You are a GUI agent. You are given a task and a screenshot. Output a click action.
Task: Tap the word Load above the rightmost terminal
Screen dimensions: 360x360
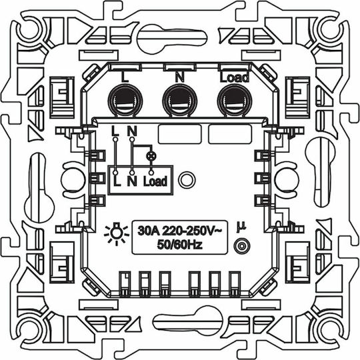point(235,77)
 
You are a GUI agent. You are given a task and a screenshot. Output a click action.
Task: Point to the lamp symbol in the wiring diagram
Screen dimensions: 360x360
point(151,156)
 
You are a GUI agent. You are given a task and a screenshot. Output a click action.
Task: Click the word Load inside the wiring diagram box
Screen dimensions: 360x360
point(155,181)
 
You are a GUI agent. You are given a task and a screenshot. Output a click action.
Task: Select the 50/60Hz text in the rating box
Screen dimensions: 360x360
point(179,245)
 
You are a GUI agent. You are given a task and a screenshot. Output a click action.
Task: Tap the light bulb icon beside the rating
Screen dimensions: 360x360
point(117,234)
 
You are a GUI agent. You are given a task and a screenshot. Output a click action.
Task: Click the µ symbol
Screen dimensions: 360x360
point(241,227)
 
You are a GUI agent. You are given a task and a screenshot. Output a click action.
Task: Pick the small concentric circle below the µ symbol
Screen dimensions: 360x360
point(242,246)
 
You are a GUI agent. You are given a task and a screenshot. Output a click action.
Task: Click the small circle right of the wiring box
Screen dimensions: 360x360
point(187,180)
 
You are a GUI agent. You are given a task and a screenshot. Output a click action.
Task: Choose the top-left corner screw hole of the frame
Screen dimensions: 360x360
point(29,30)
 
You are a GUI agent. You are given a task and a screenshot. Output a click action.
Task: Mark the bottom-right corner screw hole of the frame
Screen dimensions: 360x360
point(331,330)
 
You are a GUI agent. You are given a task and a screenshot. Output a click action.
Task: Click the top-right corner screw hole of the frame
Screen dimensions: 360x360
point(331,30)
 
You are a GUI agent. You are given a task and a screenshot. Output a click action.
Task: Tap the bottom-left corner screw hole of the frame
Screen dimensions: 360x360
point(29,330)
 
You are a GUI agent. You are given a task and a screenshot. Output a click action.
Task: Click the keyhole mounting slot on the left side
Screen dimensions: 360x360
point(39,188)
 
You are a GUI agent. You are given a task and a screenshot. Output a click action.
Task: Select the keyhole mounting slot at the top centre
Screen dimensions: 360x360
point(172,39)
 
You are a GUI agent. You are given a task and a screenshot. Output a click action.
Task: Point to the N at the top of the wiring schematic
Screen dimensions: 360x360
point(132,131)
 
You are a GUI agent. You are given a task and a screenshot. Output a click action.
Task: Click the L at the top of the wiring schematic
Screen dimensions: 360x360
point(115,131)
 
